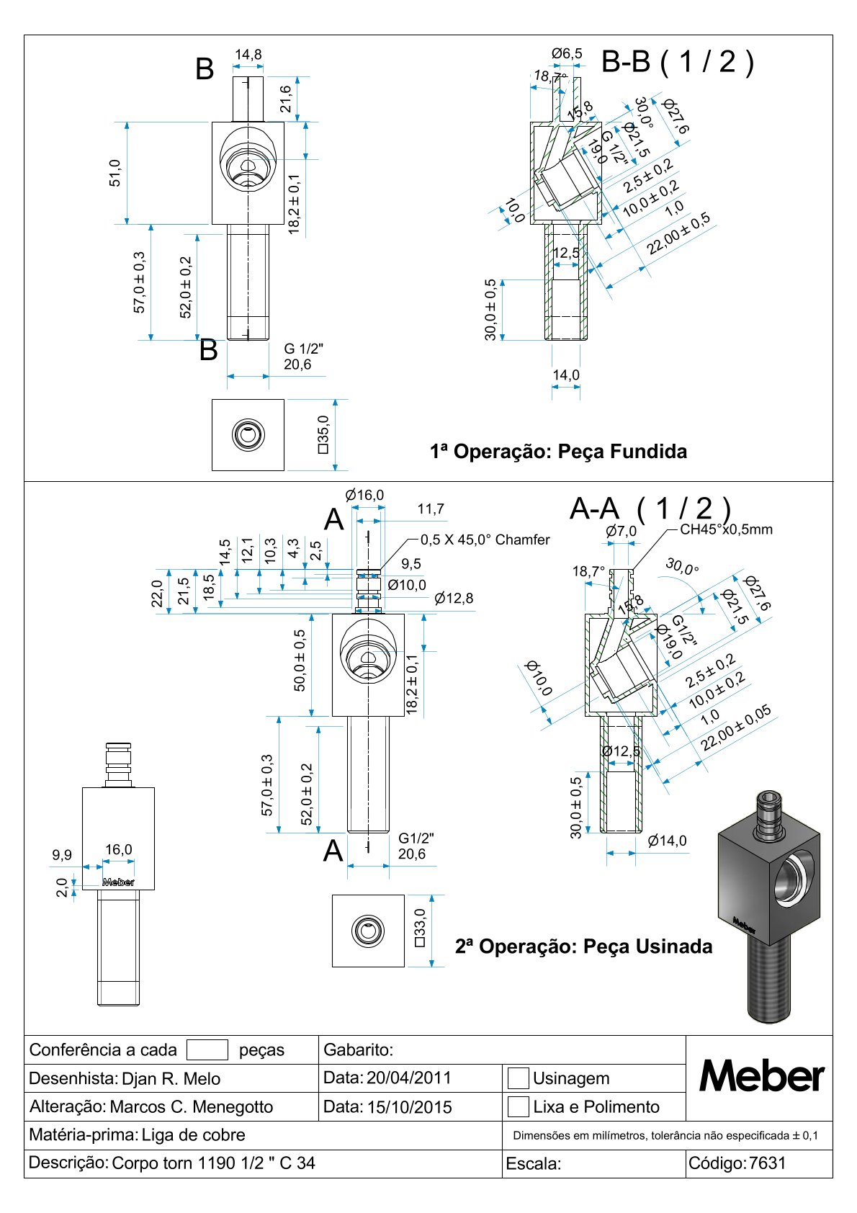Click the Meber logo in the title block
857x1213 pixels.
(761, 1077)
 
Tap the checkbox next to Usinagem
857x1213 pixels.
(518, 1078)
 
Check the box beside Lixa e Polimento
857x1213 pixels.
(518, 1106)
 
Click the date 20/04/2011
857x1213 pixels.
(408, 1078)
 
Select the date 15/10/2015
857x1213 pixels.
(409, 1106)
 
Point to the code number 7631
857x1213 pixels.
(767, 1163)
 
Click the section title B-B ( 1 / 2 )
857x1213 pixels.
(677, 62)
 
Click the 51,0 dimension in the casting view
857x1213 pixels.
(115, 174)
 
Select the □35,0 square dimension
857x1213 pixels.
(322, 434)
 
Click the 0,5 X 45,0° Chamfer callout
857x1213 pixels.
(485, 540)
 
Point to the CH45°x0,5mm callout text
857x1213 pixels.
(726, 529)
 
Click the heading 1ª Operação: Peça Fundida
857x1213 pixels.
(558, 452)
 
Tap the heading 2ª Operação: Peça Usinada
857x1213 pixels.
(583, 946)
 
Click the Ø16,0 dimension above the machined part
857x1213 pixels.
(364, 495)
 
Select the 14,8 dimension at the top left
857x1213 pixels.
(248, 55)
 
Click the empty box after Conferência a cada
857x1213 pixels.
(207, 1049)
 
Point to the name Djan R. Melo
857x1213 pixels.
(171, 1078)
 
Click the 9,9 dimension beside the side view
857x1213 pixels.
(62, 855)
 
